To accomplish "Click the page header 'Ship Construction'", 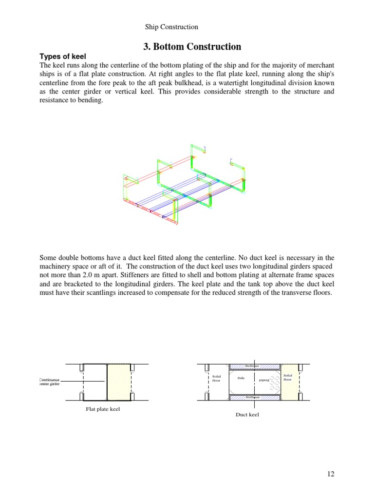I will [x=171, y=27].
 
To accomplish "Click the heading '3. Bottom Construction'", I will [x=192, y=47].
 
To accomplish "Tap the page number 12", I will [x=331, y=474].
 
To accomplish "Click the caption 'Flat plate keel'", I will [x=102, y=409].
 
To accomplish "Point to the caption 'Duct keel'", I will [x=247, y=415].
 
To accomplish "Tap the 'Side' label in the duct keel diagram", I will [x=241, y=378].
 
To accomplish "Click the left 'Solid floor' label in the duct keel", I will [x=217, y=378].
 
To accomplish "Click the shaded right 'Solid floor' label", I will [x=288, y=377].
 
